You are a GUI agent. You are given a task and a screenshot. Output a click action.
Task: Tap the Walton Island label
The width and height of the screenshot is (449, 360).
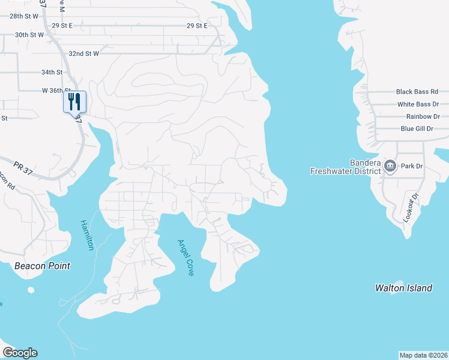[403, 288]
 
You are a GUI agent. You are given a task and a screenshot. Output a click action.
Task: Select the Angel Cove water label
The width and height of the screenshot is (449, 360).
[185, 257]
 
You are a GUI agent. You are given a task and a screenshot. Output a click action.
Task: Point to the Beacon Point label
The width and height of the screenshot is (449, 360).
[42, 266]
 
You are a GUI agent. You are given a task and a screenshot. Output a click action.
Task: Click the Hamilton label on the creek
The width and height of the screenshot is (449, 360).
[87, 235]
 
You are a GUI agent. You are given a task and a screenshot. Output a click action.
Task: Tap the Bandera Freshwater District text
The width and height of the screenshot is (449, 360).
[345, 167]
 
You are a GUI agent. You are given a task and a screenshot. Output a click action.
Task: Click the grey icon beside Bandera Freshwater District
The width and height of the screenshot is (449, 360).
[390, 166]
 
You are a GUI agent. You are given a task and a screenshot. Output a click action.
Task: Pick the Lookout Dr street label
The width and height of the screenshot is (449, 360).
[410, 208]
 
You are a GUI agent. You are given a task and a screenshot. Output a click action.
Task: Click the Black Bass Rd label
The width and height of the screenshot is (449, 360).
[417, 92]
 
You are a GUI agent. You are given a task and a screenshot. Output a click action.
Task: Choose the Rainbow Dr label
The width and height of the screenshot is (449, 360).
[423, 116]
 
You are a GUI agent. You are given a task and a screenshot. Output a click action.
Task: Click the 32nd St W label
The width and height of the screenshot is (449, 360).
[83, 53]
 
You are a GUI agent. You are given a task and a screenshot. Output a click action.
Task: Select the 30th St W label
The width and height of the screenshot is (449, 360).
[29, 35]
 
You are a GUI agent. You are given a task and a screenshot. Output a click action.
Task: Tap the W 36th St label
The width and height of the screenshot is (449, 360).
[56, 91]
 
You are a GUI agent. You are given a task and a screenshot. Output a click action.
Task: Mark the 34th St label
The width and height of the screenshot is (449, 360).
[52, 72]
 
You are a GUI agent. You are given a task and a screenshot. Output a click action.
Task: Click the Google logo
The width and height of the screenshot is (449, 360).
[20, 353]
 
